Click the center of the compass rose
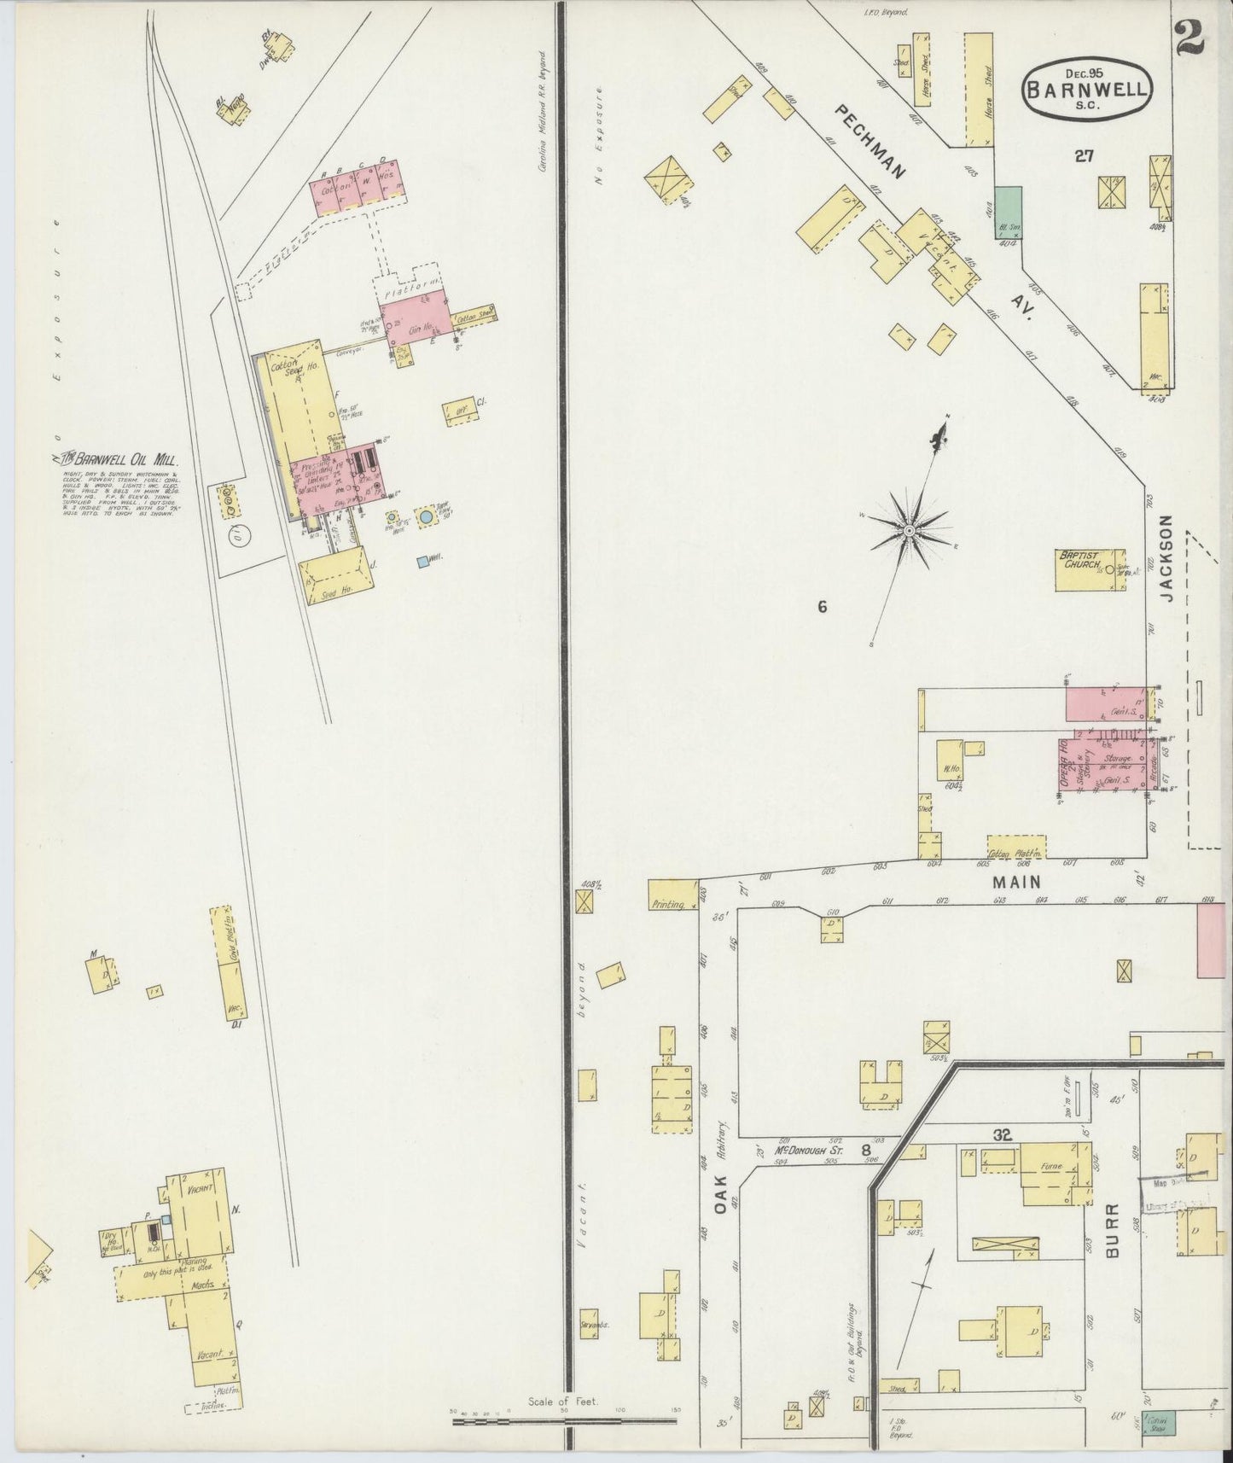click(x=910, y=531)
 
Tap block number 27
click(x=1084, y=156)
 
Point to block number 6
click(x=822, y=608)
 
